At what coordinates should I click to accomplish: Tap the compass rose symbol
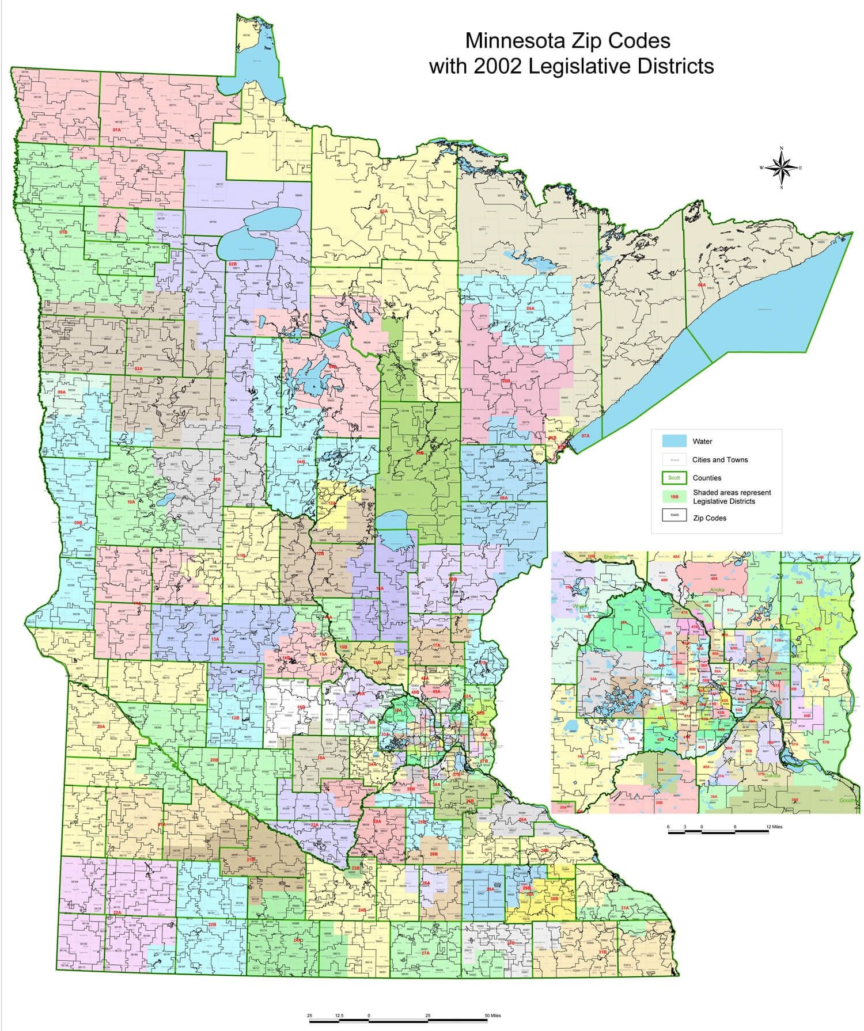tap(781, 168)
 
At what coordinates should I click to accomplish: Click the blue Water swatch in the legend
tap(674, 441)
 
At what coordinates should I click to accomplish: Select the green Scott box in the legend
tap(674, 477)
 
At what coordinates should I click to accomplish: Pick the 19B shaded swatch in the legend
tap(674, 496)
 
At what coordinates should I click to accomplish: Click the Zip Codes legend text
tap(709, 518)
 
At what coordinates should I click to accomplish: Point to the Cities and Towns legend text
tap(720, 459)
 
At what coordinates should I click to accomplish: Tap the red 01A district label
tap(117, 130)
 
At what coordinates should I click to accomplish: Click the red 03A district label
tap(384, 211)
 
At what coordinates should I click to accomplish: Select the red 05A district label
tap(530, 309)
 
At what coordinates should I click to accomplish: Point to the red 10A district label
tap(131, 502)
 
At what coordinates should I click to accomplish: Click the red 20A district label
tap(101, 727)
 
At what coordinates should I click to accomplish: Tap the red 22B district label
tap(211, 925)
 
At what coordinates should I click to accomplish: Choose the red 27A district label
tap(425, 953)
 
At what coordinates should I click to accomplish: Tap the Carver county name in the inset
tap(588, 764)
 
